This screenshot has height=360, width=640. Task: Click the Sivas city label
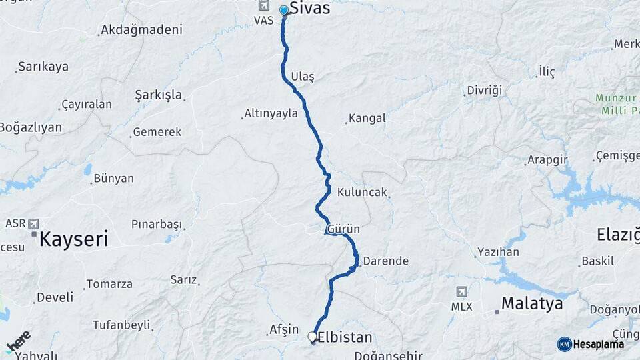(x=310, y=10)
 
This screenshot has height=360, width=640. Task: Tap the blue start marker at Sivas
(x=284, y=10)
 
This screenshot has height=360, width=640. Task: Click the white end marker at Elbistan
(x=312, y=337)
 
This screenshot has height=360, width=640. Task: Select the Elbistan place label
(x=345, y=337)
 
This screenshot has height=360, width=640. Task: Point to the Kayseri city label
(x=73, y=239)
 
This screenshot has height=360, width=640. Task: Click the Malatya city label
(x=532, y=304)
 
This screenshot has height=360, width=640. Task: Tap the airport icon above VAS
(x=263, y=6)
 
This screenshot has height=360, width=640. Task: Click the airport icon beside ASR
(x=34, y=223)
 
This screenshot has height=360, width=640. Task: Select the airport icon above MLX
(x=461, y=292)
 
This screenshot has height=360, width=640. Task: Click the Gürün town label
(x=344, y=229)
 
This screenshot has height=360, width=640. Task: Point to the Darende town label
(x=385, y=261)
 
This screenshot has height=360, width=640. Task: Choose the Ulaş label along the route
(x=303, y=77)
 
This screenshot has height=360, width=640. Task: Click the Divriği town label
(x=484, y=91)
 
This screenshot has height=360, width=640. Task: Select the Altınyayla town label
(x=271, y=113)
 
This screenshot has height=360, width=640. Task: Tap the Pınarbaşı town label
(x=156, y=223)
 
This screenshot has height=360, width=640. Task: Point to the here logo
(x=18, y=342)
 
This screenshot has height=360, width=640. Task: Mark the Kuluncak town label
(x=362, y=192)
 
